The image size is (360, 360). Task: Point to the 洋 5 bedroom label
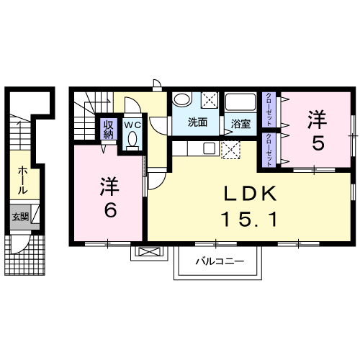coord(316,130)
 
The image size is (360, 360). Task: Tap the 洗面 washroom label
coord(197,122)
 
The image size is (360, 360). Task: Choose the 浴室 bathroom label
coord(240,123)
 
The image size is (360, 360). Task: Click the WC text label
coord(132,125)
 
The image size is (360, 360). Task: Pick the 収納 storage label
coord(108,130)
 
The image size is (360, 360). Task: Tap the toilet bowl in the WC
coord(132,140)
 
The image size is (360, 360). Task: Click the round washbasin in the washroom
coord(183,100)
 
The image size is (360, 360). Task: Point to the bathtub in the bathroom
coord(240,102)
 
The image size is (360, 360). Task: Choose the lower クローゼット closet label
coord(269,149)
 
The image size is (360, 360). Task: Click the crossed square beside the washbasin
coord(210,99)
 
